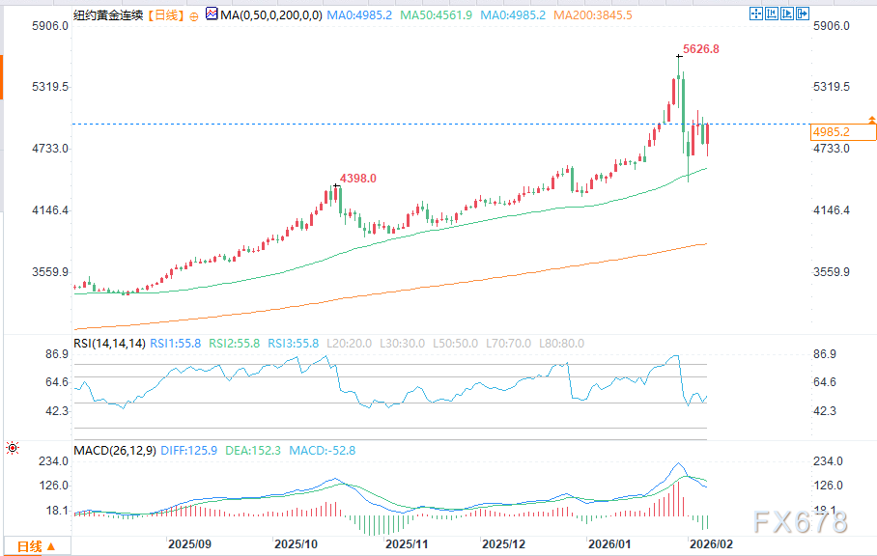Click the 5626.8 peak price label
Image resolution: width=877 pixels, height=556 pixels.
click(x=701, y=48)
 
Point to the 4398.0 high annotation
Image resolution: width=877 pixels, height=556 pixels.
click(x=356, y=179)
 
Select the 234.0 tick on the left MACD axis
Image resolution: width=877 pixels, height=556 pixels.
click(x=52, y=460)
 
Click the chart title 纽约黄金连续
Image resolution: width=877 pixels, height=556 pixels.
click(x=105, y=15)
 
